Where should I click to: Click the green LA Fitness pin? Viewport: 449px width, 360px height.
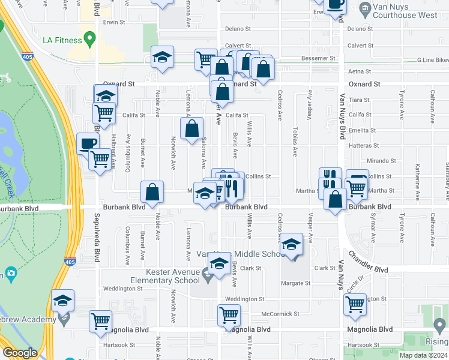tap(90, 40)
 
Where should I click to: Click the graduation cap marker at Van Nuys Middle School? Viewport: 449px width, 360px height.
tap(292, 245)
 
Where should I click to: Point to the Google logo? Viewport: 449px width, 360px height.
tap(20, 353)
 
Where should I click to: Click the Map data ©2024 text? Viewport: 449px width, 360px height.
tap(423, 355)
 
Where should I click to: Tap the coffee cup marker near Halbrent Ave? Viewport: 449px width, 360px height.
tap(88, 144)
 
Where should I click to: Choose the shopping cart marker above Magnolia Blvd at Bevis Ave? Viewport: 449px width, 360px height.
tap(229, 314)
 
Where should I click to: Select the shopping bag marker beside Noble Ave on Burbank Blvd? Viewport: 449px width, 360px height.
tap(152, 192)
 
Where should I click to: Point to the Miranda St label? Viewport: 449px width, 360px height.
tap(379, 161)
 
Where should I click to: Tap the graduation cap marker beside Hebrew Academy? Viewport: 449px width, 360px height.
tap(62, 301)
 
